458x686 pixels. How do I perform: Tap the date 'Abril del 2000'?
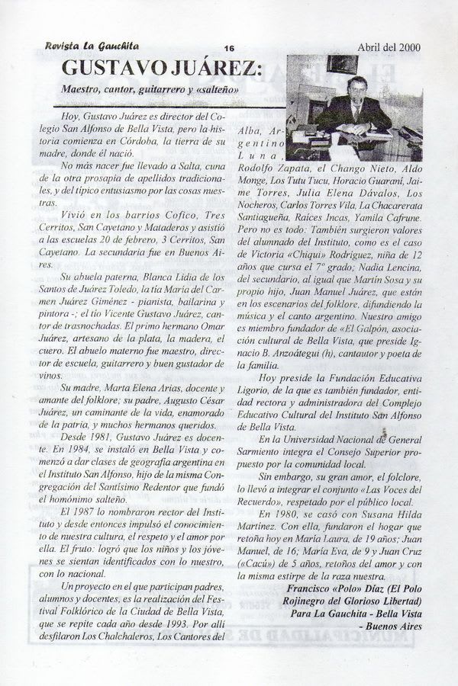[389, 46]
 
